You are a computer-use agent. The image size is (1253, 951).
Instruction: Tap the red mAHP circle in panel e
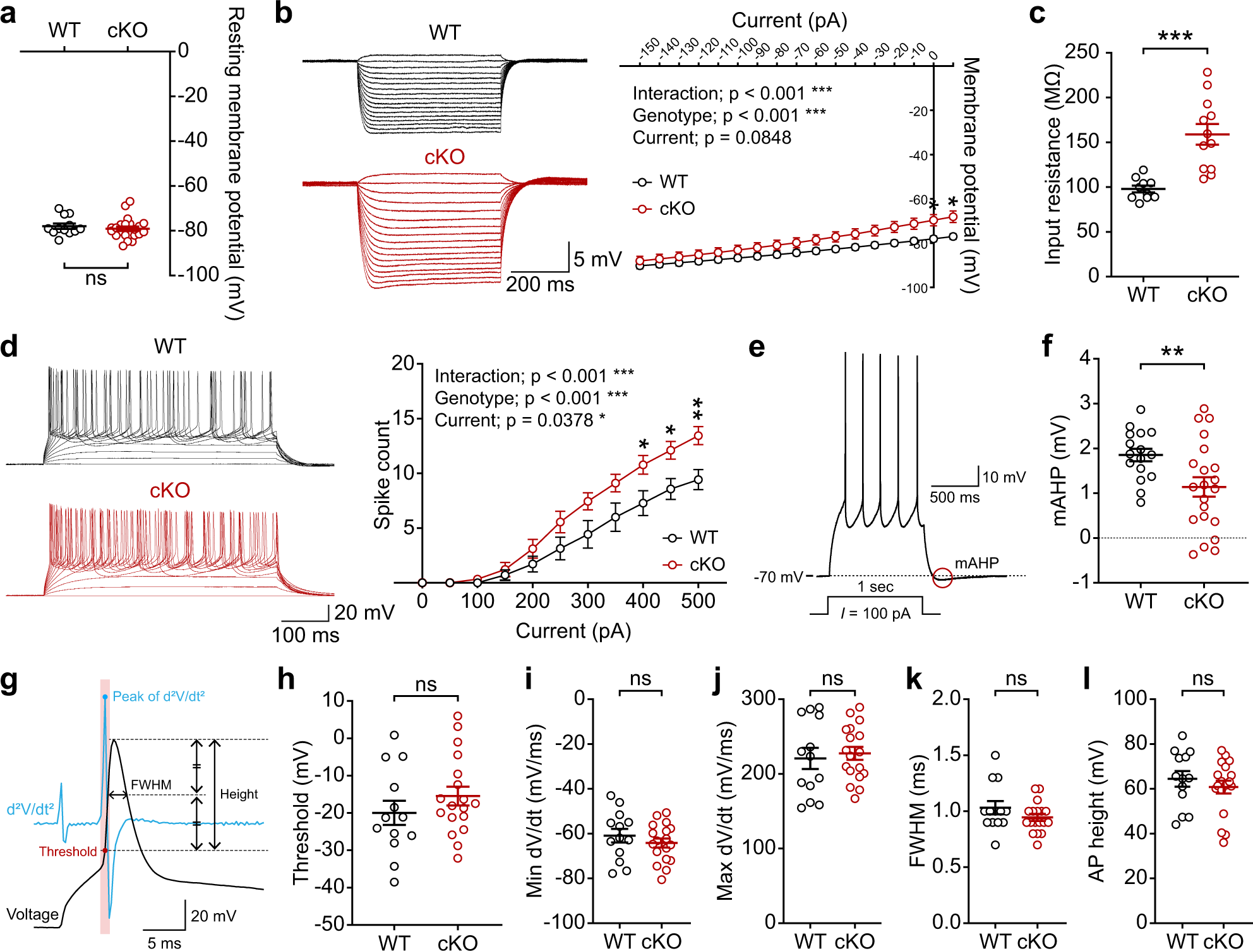(942, 577)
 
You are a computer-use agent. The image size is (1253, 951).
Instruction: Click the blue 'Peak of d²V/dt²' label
(159, 696)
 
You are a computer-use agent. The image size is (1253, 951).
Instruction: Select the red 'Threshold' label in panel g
(68, 851)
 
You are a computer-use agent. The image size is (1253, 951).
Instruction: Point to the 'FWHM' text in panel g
(151, 785)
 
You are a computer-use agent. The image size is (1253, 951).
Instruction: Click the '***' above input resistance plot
(1175, 36)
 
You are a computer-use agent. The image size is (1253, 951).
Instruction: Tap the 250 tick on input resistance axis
(1082, 51)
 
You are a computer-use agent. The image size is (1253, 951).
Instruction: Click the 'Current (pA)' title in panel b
(789, 20)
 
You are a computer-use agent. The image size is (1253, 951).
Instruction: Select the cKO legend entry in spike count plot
(695, 564)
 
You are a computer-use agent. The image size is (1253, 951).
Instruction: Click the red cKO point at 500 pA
(698, 436)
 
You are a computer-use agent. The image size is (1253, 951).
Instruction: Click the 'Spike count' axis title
(382, 474)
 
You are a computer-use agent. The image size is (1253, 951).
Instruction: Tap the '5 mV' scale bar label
(597, 259)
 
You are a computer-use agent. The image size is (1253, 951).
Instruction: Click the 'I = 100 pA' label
(875, 614)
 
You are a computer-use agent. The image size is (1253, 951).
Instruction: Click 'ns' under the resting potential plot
(96, 279)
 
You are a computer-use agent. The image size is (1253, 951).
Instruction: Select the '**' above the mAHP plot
(1172, 352)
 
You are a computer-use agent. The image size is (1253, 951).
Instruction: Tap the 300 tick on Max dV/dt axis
(758, 698)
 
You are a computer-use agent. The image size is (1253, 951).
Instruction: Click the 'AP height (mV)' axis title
(1096, 812)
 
